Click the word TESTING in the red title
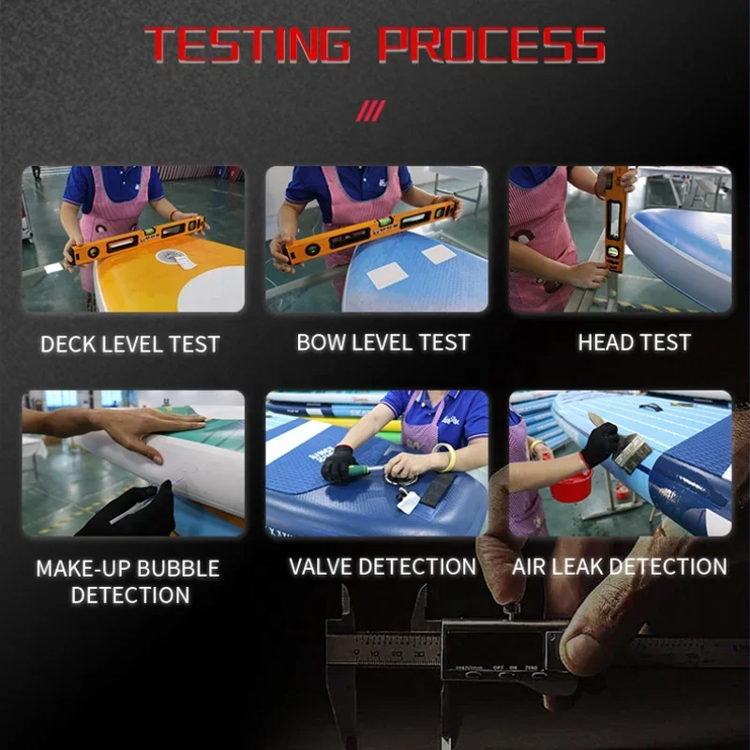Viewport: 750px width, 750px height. pyautogui.click(x=247, y=44)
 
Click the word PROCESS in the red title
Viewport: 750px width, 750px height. pyautogui.click(x=492, y=44)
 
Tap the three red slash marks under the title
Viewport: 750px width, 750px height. pyautogui.click(x=370, y=111)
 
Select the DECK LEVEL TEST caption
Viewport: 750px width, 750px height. pyautogui.click(x=130, y=344)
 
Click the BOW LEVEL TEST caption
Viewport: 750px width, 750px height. pyautogui.click(x=383, y=342)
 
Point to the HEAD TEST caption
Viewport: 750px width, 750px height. pyautogui.click(x=635, y=342)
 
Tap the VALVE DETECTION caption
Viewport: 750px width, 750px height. pyautogui.click(x=382, y=566)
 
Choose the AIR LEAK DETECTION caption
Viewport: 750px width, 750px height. pyautogui.click(x=620, y=566)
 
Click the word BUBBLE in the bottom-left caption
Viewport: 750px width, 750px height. pyautogui.click(x=178, y=568)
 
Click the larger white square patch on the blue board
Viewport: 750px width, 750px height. pyautogui.click(x=387, y=276)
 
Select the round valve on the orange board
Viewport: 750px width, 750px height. pyautogui.click(x=170, y=257)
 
